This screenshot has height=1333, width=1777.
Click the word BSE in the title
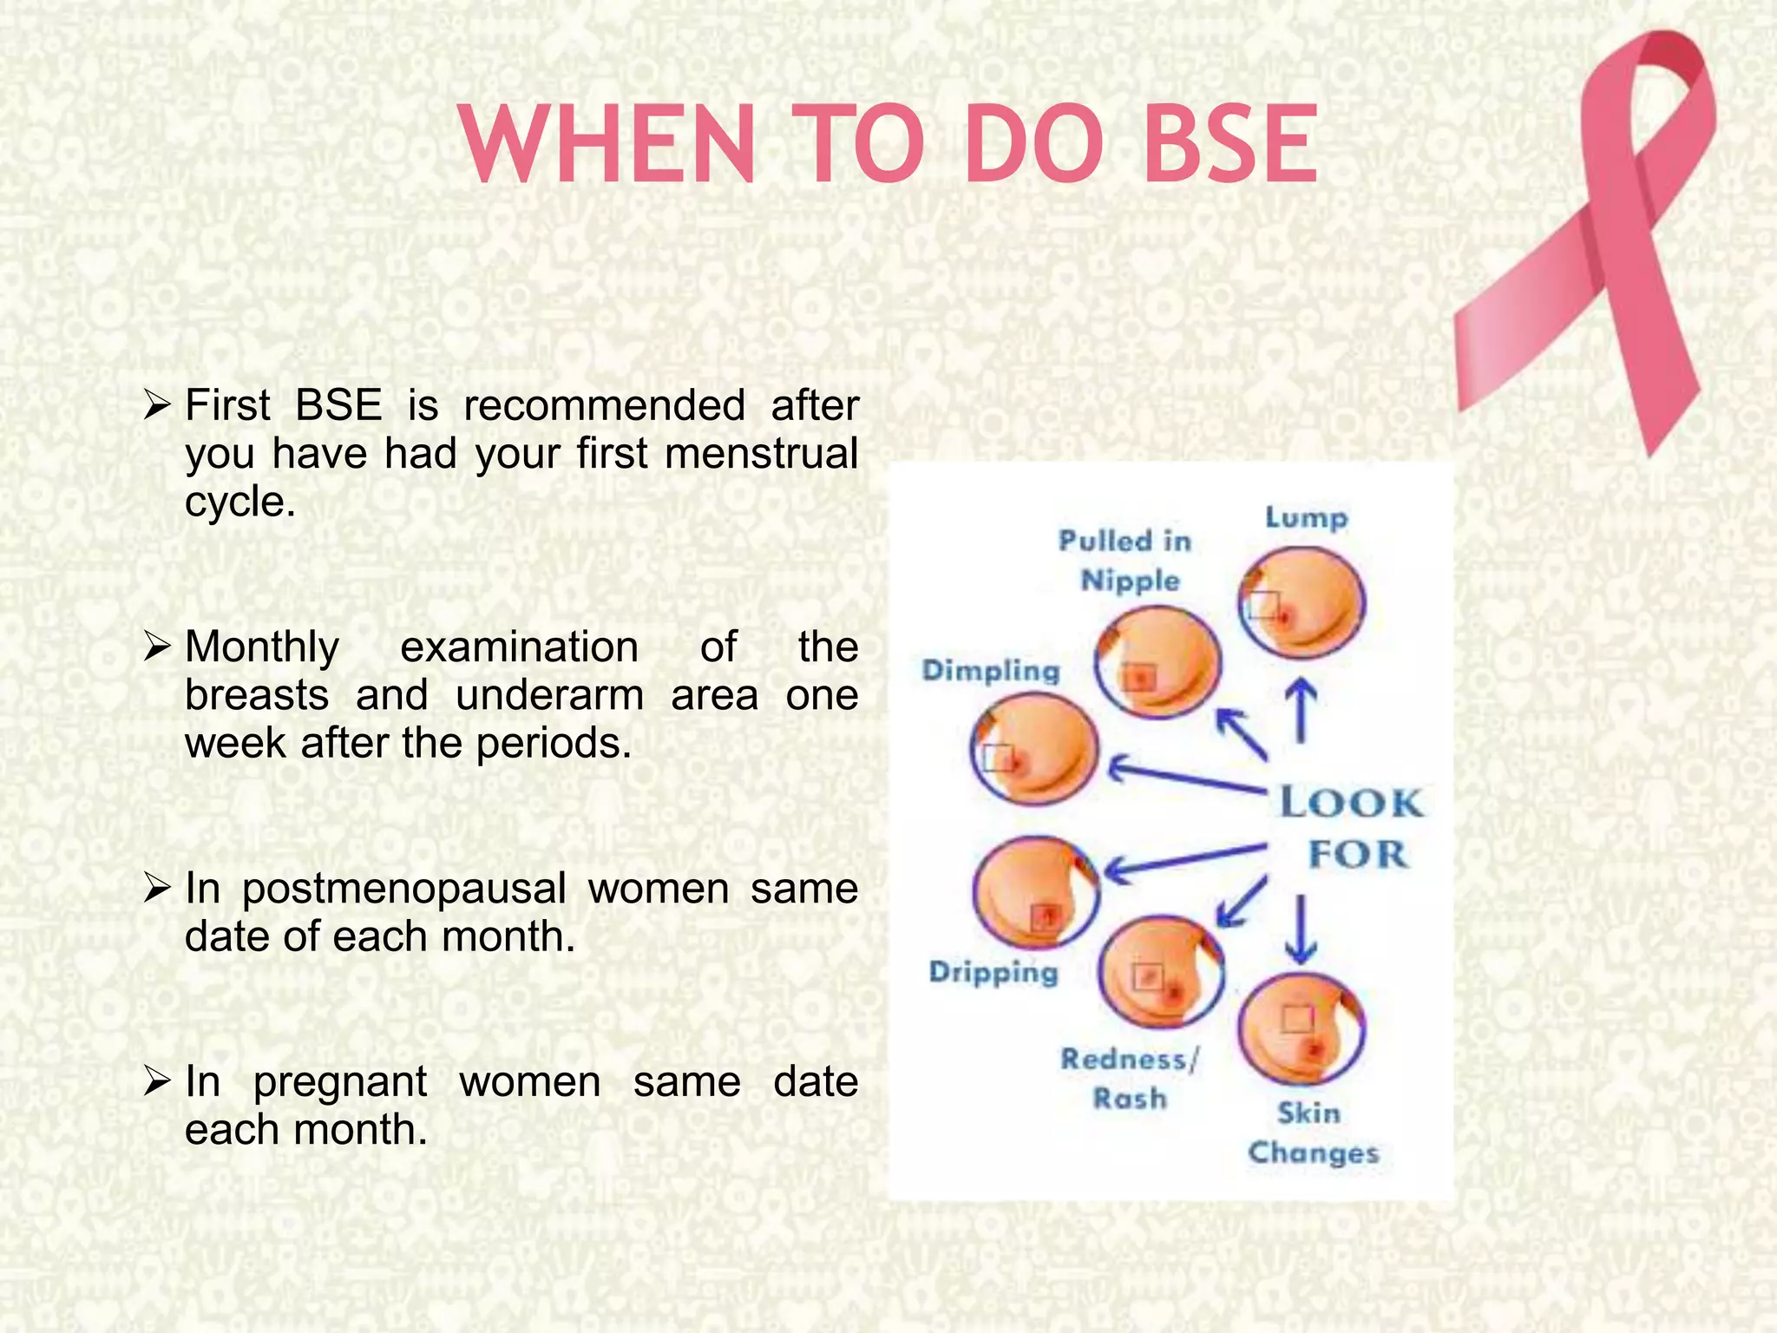tap(1230, 146)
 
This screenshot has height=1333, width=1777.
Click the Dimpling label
tap(991, 671)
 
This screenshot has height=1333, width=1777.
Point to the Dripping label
tap(993, 972)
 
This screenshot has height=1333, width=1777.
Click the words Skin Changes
tap(1312, 1133)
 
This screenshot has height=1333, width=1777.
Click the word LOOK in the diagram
tap(1352, 803)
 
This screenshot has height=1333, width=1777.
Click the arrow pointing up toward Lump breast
tap(1301, 710)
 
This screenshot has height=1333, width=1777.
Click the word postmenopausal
tap(403, 890)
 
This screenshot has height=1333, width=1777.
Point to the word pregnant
tap(339, 1082)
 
